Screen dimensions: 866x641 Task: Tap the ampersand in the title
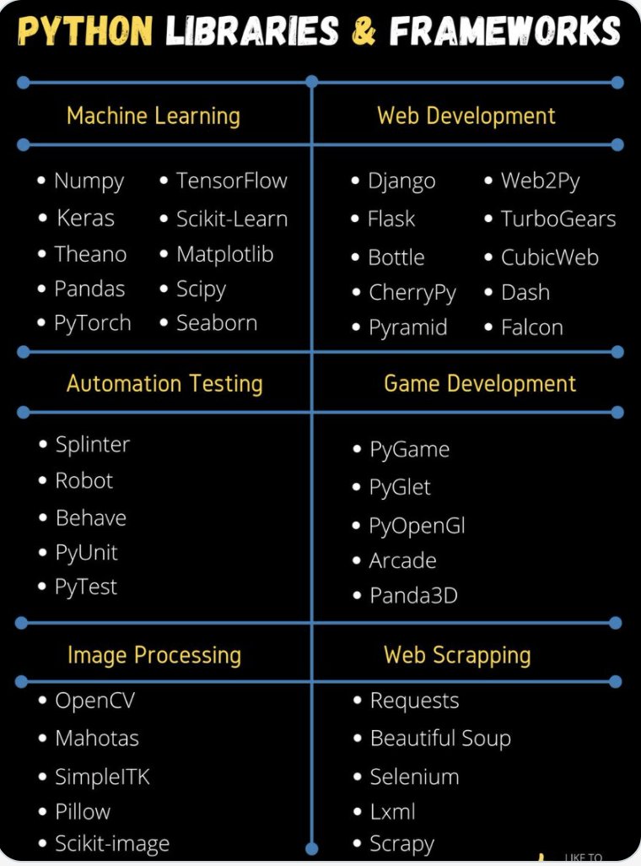tap(364, 32)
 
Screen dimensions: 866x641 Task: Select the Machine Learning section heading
tap(154, 116)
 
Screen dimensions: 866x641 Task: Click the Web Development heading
tap(466, 116)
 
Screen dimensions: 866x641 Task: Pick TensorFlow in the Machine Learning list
tap(231, 181)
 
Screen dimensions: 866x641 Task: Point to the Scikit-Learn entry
tap(232, 219)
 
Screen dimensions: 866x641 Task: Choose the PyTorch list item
tap(93, 323)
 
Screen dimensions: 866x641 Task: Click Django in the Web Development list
tap(401, 181)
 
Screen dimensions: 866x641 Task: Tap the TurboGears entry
tap(558, 219)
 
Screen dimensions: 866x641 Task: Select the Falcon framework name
tap(531, 327)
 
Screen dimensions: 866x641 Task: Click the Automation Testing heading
tap(164, 384)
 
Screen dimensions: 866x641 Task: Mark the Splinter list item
tap(93, 445)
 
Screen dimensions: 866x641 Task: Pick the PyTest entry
tap(86, 587)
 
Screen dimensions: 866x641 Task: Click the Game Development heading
tap(480, 384)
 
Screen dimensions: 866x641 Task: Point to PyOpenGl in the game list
tap(417, 526)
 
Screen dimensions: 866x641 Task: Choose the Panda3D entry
tap(413, 596)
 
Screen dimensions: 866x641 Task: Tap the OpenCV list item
tap(94, 701)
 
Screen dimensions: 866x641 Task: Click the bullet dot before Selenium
tap(358, 777)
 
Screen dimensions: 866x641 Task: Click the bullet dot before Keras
tap(43, 219)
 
